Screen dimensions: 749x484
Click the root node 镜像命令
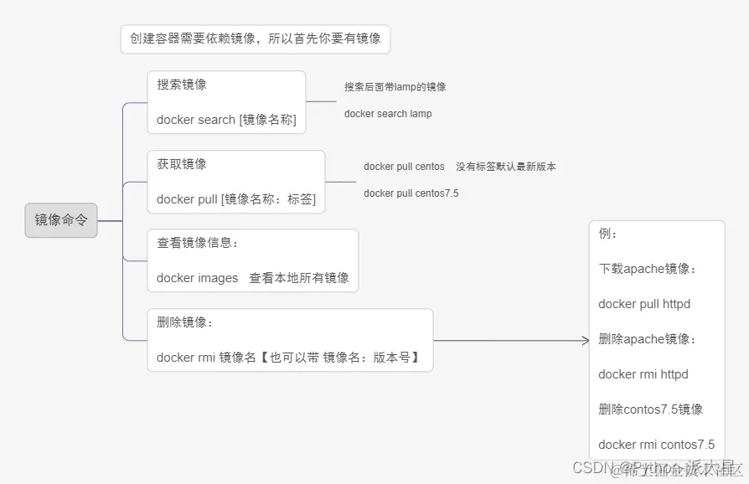pyautogui.click(x=61, y=220)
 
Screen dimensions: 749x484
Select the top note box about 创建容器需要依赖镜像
pyautogui.click(x=255, y=39)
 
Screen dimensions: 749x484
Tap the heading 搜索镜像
pyautogui.click(x=182, y=85)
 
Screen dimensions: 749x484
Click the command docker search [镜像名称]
pyautogui.click(x=226, y=120)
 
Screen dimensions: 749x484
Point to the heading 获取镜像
pyautogui.click(x=182, y=164)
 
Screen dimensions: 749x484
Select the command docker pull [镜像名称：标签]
pyautogui.click(x=236, y=199)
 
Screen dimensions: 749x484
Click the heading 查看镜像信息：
pyautogui.click(x=198, y=243)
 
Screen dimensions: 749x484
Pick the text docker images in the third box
pyautogui.click(x=197, y=278)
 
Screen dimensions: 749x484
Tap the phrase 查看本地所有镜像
pyautogui.click(x=299, y=278)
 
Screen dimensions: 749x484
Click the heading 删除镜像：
pyautogui.click(x=185, y=322)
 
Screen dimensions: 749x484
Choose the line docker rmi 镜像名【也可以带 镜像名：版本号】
pyautogui.click(x=288, y=358)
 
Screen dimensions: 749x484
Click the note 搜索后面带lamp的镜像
pyautogui.click(x=395, y=87)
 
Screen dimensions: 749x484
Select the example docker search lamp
pyautogui.click(x=388, y=114)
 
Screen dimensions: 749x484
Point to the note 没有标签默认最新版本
pyautogui.click(x=506, y=167)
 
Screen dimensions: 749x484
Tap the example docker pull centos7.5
pyautogui.click(x=411, y=193)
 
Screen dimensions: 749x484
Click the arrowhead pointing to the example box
pyautogui.click(x=586, y=340)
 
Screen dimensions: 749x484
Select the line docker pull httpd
pyautogui.click(x=644, y=304)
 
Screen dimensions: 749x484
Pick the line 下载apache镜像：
pyautogui.click(x=648, y=269)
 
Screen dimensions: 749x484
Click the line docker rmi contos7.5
pyautogui.click(x=657, y=445)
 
